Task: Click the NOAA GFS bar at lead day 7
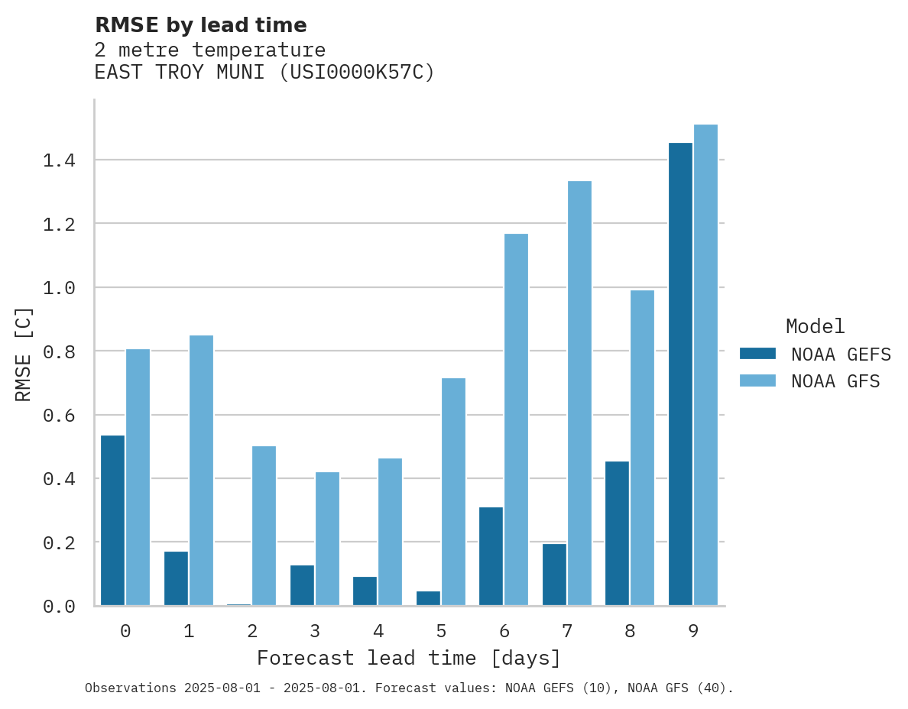click(x=579, y=393)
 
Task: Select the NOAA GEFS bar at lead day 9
click(x=680, y=374)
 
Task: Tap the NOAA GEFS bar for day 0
click(x=112, y=520)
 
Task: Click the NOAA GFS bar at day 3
click(x=327, y=539)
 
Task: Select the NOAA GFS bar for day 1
click(x=201, y=470)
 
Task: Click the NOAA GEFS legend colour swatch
click(x=757, y=354)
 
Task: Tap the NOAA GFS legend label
click(x=835, y=381)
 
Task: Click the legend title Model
click(x=815, y=326)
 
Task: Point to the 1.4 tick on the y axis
click(x=59, y=160)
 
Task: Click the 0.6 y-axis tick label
click(x=59, y=416)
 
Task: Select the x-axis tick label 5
click(x=441, y=631)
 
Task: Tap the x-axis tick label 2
click(x=251, y=631)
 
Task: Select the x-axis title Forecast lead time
click(x=409, y=658)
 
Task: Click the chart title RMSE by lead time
click(x=200, y=25)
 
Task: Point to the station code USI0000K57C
click(x=357, y=73)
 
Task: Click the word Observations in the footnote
click(x=131, y=688)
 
